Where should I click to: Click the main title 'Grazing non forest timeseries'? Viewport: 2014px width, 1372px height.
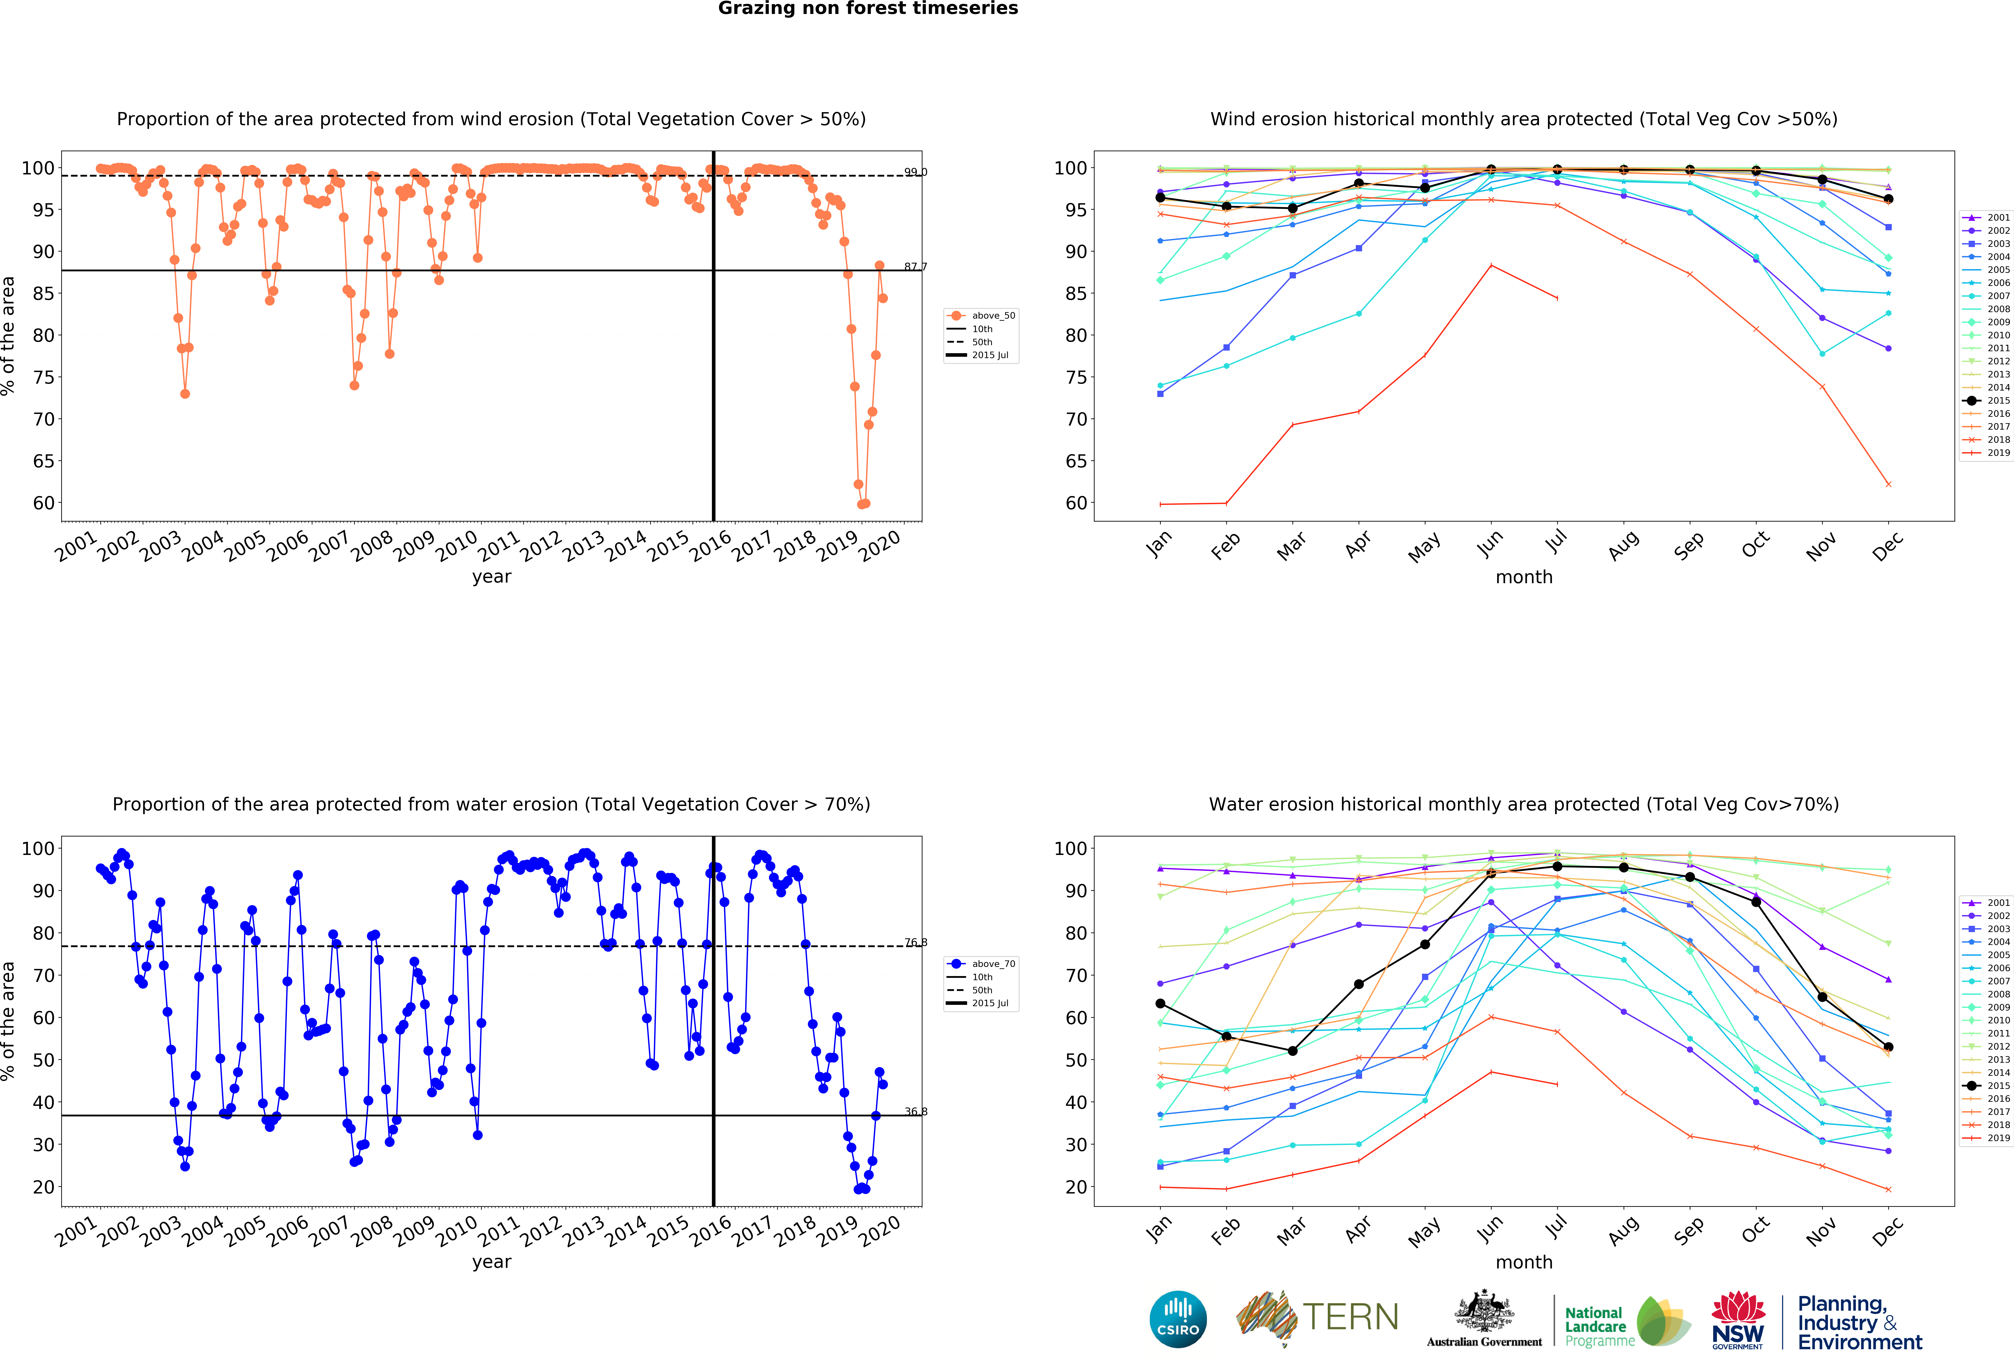[x=867, y=9]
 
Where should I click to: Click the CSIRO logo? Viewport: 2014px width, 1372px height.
[x=1178, y=1319]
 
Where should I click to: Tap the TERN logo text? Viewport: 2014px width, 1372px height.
[x=1350, y=1317]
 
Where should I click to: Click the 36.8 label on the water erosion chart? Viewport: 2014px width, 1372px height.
[x=915, y=1111]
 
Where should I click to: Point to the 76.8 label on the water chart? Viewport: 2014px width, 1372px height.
[x=915, y=942]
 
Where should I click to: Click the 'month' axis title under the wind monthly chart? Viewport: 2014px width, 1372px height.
[x=1523, y=577]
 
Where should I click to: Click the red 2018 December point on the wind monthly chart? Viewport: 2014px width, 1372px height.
[x=1888, y=484]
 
